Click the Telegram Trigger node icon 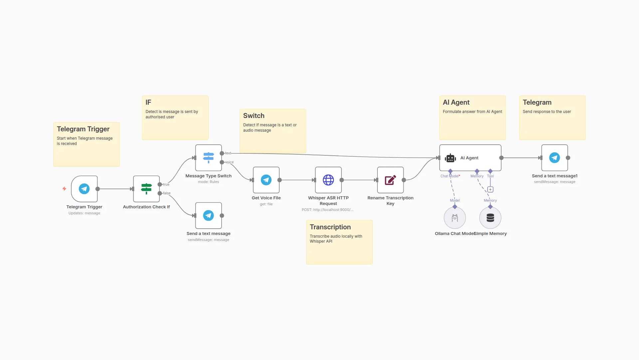[84, 189]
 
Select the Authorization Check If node [146, 189]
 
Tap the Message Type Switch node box [208, 158]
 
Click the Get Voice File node [266, 180]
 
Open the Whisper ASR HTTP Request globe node [328, 180]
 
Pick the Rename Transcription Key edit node [390, 180]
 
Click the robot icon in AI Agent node [450, 158]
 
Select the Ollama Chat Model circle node [455, 218]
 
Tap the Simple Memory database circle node [490, 218]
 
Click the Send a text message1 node [554, 158]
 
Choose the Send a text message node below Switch [208, 215]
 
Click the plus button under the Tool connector [490, 189]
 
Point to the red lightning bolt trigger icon [64, 189]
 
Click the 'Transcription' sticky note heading [330, 227]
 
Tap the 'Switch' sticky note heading [254, 116]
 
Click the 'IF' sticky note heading [148, 102]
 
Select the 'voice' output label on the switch [230, 162]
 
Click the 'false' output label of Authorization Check [167, 193]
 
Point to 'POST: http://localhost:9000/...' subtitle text [327, 210]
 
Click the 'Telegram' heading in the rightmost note [537, 102]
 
